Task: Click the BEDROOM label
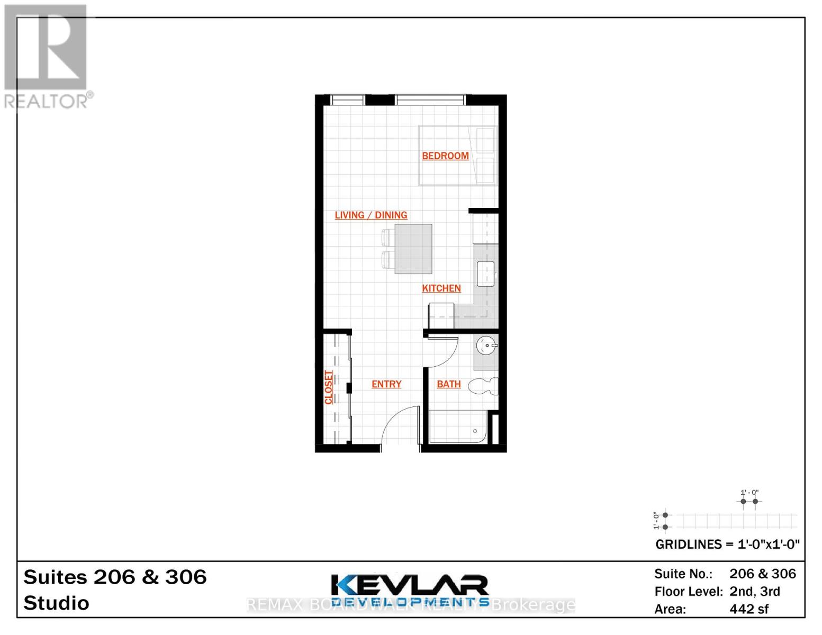[x=445, y=156]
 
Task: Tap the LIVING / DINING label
[x=371, y=215]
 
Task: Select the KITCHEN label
[x=441, y=288]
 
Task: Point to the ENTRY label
[x=386, y=384]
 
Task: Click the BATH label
[x=448, y=384]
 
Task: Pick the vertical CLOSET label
[x=329, y=387]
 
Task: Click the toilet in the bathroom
[x=484, y=386]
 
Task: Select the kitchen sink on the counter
[x=485, y=274]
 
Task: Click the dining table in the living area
[x=413, y=249]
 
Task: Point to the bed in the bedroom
[x=457, y=156]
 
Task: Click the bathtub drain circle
[x=475, y=431]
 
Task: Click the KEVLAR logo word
[x=410, y=585]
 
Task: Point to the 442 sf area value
[x=749, y=609]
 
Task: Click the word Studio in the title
[x=56, y=603]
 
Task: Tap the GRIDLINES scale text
[x=727, y=545]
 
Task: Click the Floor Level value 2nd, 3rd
[x=754, y=592]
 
